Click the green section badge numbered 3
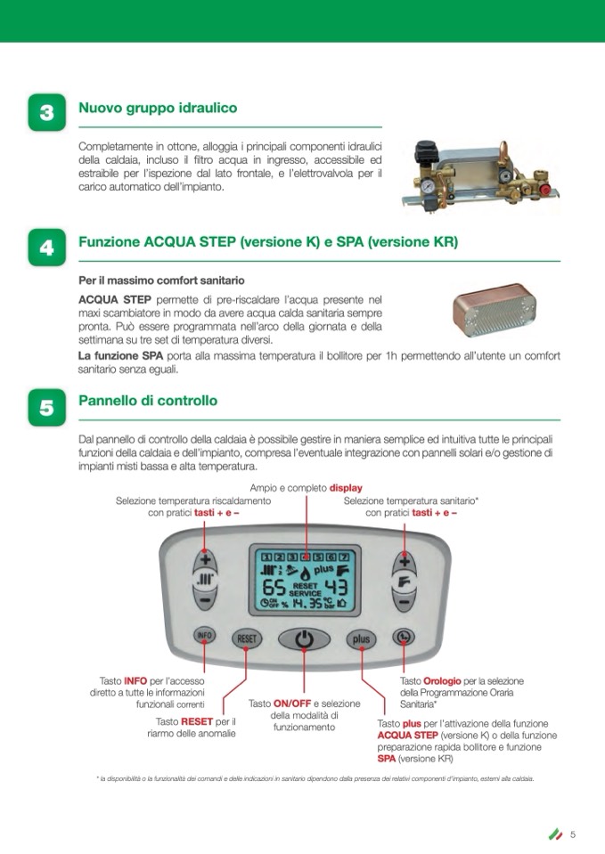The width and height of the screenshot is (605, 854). pyautogui.click(x=47, y=112)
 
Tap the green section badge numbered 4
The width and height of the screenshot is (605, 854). pyautogui.click(x=47, y=248)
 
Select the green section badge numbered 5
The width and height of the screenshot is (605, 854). pyautogui.click(x=47, y=407)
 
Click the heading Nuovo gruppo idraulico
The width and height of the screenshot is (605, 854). pyautogui.click(x=158, y=108)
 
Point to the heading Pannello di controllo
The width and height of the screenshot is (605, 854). pyautogui.click(x=148, y=401)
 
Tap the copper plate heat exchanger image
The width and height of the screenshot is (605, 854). pyautogui.click(x=495, y=309)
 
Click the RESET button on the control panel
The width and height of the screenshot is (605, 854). pyautogui.click(x=247, y=638)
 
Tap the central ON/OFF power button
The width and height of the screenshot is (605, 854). pyautogui.click(x=304, y=638)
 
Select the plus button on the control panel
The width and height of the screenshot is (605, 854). pyautogui.click(x=361, y=638)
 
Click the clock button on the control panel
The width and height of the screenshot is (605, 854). pyautogui.click(x=404, y=636)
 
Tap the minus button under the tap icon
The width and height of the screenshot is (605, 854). pyautogui.click(x=404, y=602)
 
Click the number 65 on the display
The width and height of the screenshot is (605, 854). pyautogui.click(x=274, y=588)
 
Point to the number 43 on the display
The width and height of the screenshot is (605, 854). pyautogui.click(x=336, y=587)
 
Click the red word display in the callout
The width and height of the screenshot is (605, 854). pyautogui.click(x=346, y=488)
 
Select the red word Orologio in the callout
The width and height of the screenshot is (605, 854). pyautogui.click(x=442, y=681)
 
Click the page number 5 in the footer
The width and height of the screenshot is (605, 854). pyautogui.click(x=573, y=834)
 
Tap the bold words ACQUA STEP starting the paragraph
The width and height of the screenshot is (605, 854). pyautogui.click(x=115, y=299)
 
